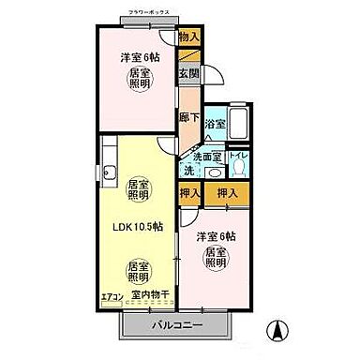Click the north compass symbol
pos(279,330)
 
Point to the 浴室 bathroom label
pos(214,123)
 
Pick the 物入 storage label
pos(188,37)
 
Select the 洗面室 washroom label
pos(210,156)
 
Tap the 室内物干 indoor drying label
pos(150,296)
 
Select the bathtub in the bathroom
pos(237,122)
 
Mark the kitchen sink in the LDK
pos(110,171)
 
